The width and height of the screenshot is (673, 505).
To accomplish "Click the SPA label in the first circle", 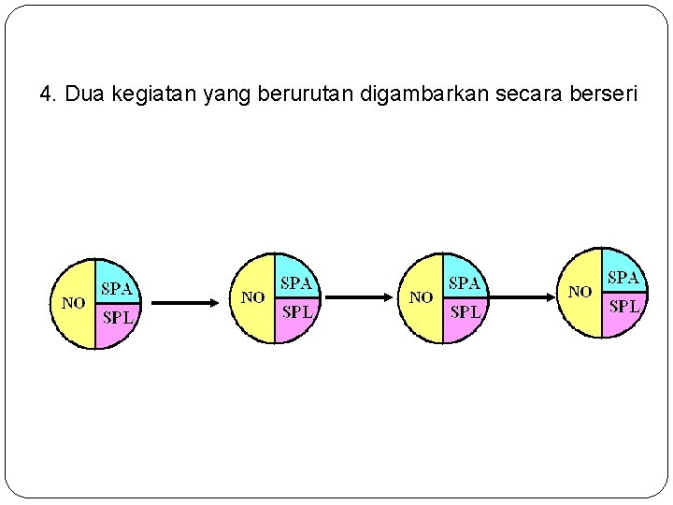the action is click(117, 288).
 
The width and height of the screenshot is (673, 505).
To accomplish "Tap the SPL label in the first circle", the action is click(118, 317).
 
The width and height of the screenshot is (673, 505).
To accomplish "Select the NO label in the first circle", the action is click(73, 303).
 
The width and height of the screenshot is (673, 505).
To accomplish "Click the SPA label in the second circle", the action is click(296, 282).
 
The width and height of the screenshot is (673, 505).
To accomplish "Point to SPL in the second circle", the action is click(297, 311).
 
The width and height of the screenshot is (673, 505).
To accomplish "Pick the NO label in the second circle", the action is click(252, 297).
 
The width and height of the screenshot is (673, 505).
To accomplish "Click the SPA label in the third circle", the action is click(465, 282).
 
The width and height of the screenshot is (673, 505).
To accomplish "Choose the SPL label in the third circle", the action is click(465, 311).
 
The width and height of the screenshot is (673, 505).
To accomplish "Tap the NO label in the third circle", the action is click(421, 297).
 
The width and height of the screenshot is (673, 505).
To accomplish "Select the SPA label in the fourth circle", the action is click(623, 277).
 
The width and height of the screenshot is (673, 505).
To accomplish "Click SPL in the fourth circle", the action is click(624, 306).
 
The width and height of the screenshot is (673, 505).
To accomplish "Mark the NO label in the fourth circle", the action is click(580, 292).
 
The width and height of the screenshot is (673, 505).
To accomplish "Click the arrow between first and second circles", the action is click(185, 303).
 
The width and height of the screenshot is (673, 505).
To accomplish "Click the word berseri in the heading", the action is click(599, 94).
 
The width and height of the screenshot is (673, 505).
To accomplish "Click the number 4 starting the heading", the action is click(47, 94).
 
